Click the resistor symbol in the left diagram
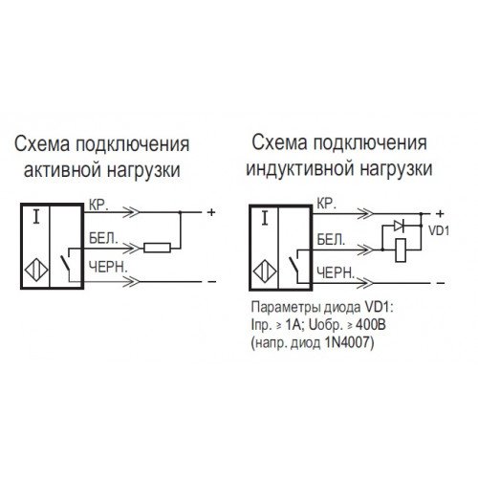(x=157, y=248)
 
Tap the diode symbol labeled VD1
(x=399, y=226)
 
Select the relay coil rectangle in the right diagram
(x=401, y=250)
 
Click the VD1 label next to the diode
(x=439, y=230)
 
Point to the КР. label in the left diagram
(x=98, y=206)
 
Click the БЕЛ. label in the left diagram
(x=103, y=238)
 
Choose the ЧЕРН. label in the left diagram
(x=108, y=267)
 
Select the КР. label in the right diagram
(x=327, y=204)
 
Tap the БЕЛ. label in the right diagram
(x=332, y=240)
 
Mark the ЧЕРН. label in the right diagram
(x=336, y=273)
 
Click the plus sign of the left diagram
(x=211, y=212)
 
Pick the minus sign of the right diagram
(x=441, y=283)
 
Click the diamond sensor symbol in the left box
(x=36, y=271)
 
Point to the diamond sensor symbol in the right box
(x=265, y=272)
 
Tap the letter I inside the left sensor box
(x=36, y=217)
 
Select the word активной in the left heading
(x=63, y=170)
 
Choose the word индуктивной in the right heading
(x=300, y=168)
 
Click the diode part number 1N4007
(x=349, y=342)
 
